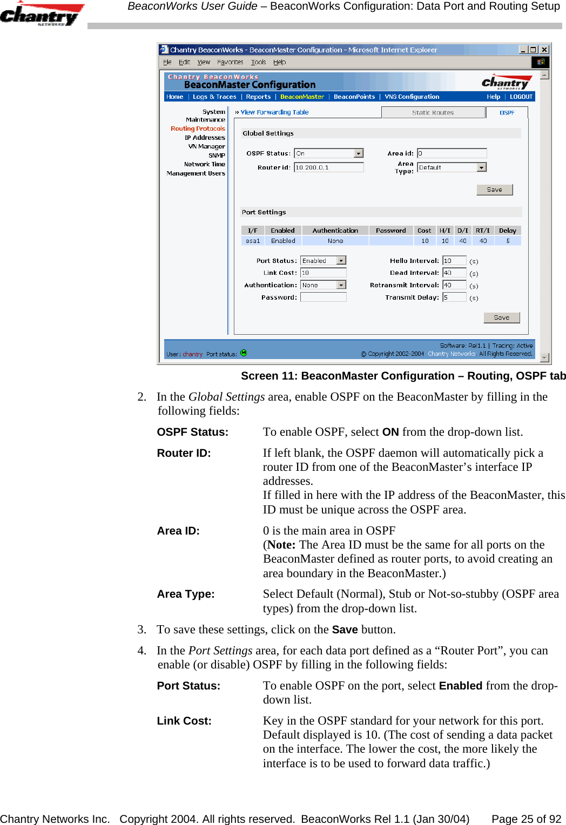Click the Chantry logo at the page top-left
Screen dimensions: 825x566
click(42, 14)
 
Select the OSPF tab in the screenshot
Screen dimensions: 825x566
click(507, 113)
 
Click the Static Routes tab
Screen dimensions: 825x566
click(433, 113)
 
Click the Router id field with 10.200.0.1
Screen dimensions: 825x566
click(328, 168)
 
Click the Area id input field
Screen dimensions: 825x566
click(452, 154)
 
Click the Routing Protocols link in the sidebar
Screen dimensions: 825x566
click(198, 129)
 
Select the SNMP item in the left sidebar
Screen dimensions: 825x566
click(217, 155)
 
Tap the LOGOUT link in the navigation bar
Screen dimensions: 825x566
click(521, 97)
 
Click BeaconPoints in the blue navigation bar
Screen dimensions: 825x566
click(354, 97)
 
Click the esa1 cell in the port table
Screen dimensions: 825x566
click(253, 241)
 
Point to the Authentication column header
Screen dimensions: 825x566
click(335, 231)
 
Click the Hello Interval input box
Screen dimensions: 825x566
click(454, 261)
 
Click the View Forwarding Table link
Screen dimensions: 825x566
click(274, 113)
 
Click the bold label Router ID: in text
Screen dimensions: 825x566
click(184, 454)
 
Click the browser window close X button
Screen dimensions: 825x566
click(544, 50)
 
